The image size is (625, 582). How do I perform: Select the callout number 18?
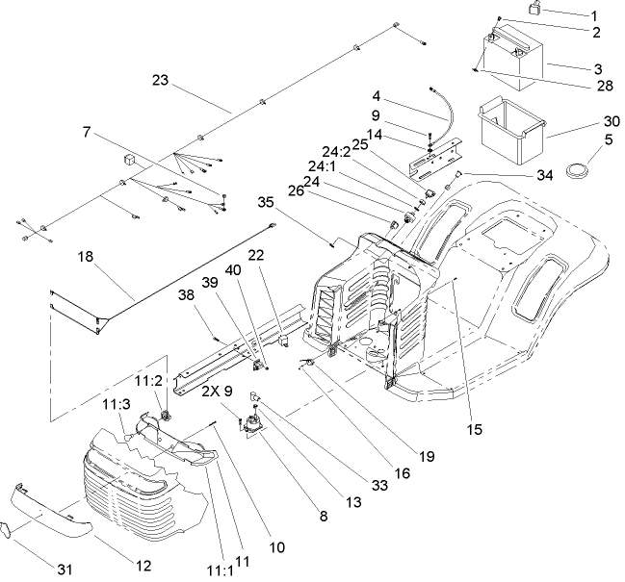click(85, 257)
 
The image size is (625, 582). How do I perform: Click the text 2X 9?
click(218, 391)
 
